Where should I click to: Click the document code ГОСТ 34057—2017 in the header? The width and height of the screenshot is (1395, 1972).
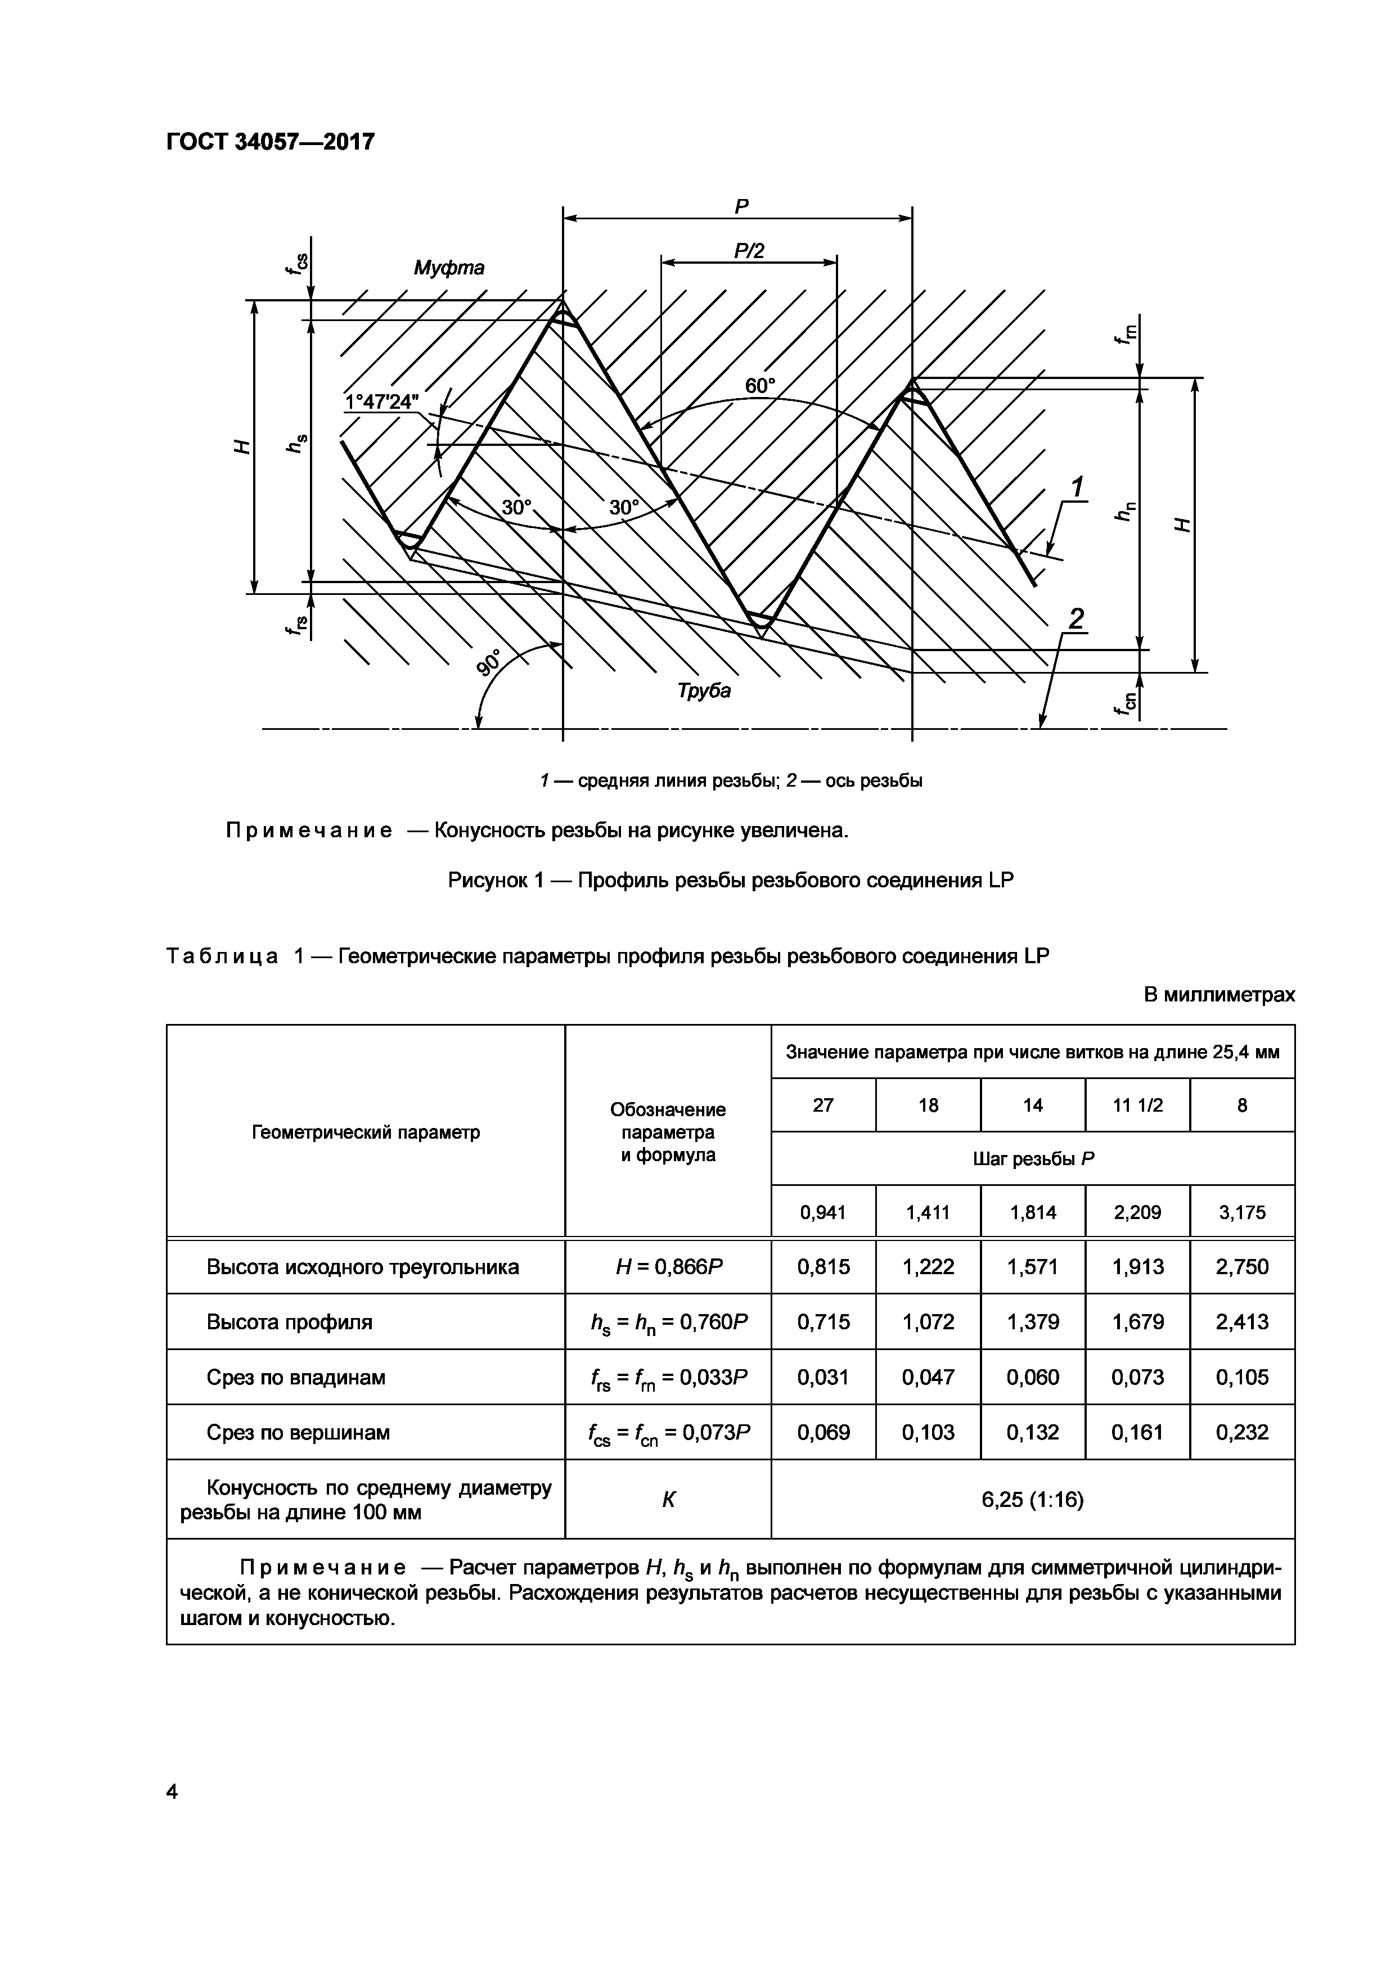point(270,142)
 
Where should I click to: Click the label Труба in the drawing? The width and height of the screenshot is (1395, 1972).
point(704,691)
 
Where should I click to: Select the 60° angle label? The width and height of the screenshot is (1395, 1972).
point(759,386)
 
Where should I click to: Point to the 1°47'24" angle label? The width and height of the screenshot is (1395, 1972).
point(381,402)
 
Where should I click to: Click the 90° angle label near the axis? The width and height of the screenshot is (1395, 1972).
point(490,663)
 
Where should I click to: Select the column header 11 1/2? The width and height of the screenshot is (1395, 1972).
point(1137,1105)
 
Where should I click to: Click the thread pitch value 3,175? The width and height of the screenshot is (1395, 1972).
point(1242,1213)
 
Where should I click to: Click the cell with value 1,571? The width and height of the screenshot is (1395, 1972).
point(1033,1267)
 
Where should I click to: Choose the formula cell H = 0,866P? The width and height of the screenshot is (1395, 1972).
point(668,1267)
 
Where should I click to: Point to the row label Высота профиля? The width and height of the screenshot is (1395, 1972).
point(290,1322)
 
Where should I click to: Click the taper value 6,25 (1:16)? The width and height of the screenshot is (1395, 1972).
point(1033,1500)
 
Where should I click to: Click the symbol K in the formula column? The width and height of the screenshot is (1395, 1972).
point(668,1500)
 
